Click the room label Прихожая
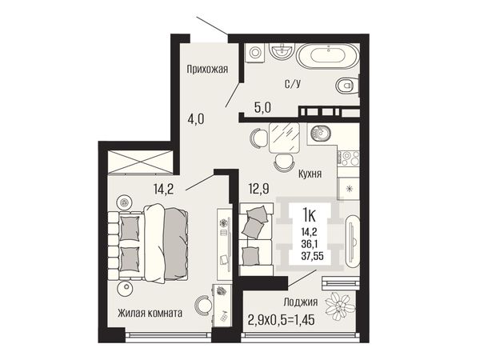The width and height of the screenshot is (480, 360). tap(207, 69)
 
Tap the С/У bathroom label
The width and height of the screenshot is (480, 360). tap(292, 83)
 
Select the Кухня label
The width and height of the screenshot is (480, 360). tap(310, 174)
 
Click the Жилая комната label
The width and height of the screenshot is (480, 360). tap(150, 313)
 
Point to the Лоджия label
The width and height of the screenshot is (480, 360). tap(300, 302)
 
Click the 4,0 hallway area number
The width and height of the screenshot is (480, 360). tap(196, 118)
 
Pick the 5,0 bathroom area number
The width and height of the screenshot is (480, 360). tap(262, 107)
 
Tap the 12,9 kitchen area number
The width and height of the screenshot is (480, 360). tap(258, 189)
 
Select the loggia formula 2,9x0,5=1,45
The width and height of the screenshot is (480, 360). tap(282, 320)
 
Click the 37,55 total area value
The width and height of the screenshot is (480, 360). tap(312, 256)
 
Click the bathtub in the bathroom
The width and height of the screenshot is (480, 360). tap(328, 57)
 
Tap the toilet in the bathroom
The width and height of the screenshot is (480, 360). tap(347, 85)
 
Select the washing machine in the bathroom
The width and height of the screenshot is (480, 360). tap(254, 52)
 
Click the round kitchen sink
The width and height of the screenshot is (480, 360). tap(321, 134)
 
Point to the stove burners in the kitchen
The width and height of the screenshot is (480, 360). tap(348, 158)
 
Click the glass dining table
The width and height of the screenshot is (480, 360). tap(284, 138)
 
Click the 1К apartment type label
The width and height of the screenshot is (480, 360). tap(309, 214)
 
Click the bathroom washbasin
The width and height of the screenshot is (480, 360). tap(282, 51)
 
